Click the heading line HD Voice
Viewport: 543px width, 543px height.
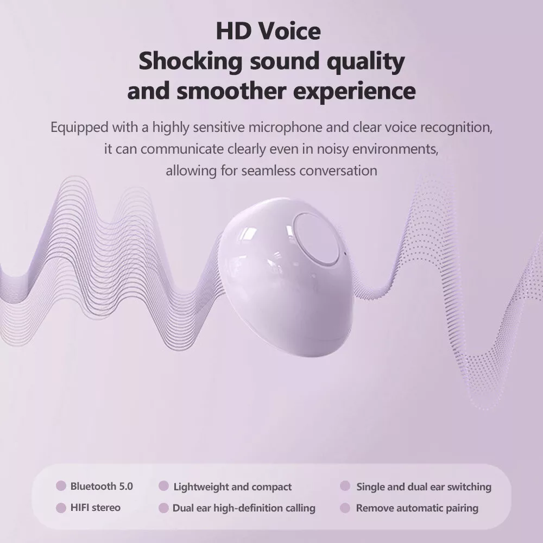[x=268, y=31]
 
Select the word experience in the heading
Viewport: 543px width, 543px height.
[x=354, y=92]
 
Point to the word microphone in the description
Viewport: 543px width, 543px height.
[x=286, y=128]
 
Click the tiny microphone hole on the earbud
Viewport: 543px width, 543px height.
[x=345, y=253]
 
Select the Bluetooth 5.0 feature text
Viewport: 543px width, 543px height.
[x=102, y=486]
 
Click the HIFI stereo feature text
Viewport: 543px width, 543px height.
[x=96, y=508]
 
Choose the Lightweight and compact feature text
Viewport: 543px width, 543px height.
[x=232, y=487]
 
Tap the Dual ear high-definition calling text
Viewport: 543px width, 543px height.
[x=244, y=508]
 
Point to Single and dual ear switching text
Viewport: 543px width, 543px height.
[x=424, y=487]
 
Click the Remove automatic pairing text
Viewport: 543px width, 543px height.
[x=417, y=508]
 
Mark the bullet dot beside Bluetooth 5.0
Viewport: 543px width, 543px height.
[x=61, y=486]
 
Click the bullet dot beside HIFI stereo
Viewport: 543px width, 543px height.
[x=61, y=508]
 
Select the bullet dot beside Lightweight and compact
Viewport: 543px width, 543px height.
[x=163, y=486]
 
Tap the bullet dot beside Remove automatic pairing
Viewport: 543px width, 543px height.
[x=345, y=508]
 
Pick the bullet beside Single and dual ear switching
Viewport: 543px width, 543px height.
[x=345, y=486]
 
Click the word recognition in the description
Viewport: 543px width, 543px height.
[x=457, y=128]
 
